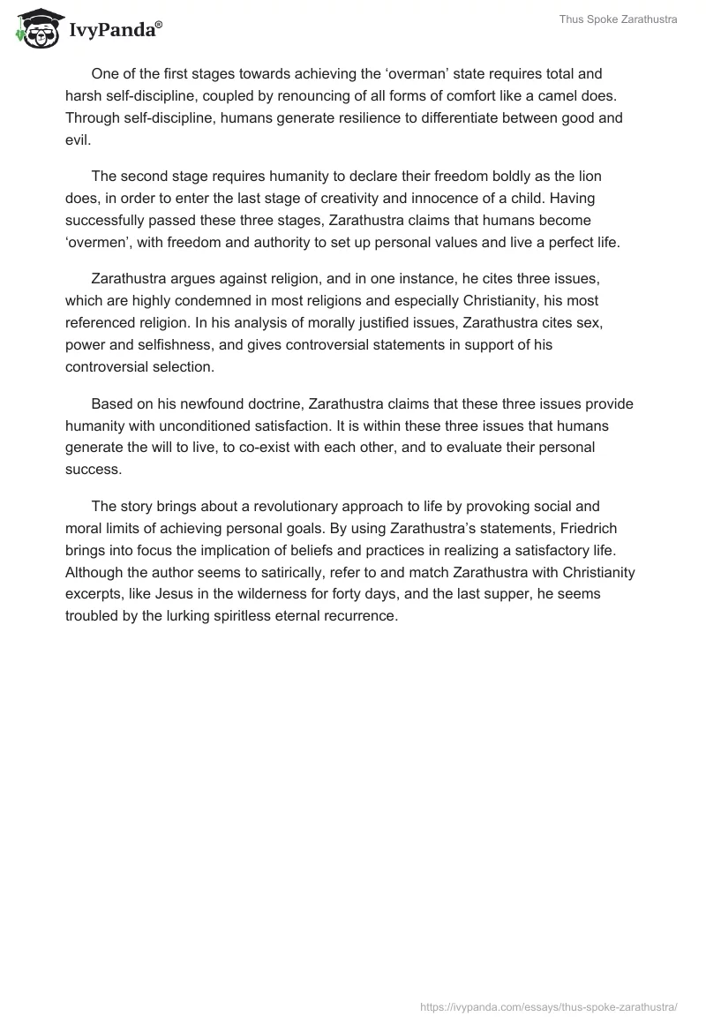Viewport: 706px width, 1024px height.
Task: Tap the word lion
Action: pyautogui.click(x=587, y=177)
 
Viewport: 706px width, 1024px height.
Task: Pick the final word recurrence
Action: pyautogui.click(x=363, y=614)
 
